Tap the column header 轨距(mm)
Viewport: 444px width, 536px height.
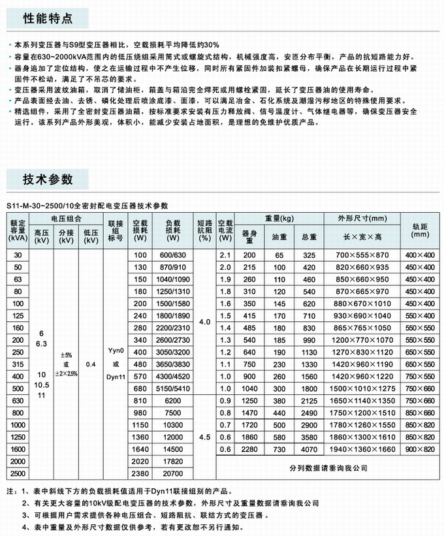pos(420,229)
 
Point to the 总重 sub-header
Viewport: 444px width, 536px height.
pos(309,238)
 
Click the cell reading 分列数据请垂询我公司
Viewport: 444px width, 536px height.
pos(328,468)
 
